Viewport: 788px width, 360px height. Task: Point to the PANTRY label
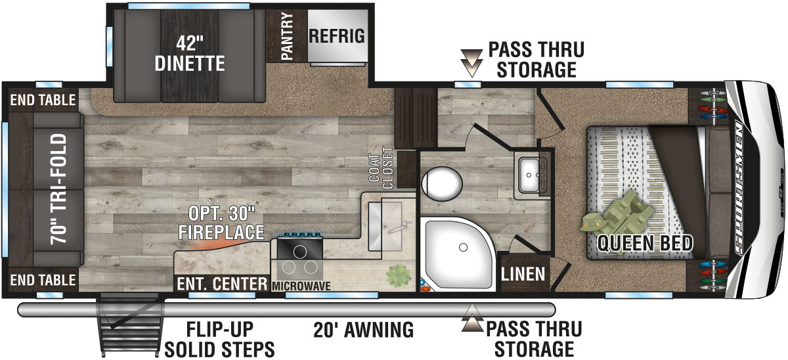click(286, 37)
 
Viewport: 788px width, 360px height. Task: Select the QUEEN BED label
click(644, 244)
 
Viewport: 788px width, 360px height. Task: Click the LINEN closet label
click(523, 273)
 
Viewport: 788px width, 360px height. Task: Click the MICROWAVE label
click(301, 286)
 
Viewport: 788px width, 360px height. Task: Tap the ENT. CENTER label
click(221, 284)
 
